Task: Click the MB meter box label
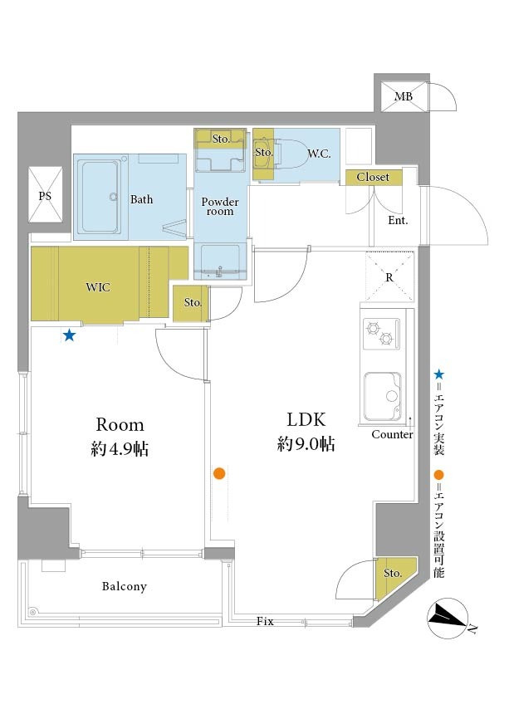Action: click(404, 96)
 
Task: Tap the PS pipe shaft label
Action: click(45, 196)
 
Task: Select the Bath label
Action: click(142, 199)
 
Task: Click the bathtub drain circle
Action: click(114, 197)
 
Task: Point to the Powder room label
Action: click(220, 206)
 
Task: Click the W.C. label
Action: click(319, 154)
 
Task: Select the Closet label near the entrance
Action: click(373, 177)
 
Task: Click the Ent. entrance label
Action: click(398, 220)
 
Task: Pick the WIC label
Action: click(98, 287)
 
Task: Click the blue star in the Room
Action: click(69, 335)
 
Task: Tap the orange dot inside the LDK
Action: click(219, 473)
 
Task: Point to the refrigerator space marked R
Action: click(389, 276)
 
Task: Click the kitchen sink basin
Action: click(383, 397)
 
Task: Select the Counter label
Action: click(392, 434)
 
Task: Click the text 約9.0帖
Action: click(306, 443)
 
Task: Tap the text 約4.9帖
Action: click(120, 449)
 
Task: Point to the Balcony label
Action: click(125, 586)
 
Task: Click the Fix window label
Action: click(265, 621)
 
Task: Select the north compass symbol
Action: click(448, 618)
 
